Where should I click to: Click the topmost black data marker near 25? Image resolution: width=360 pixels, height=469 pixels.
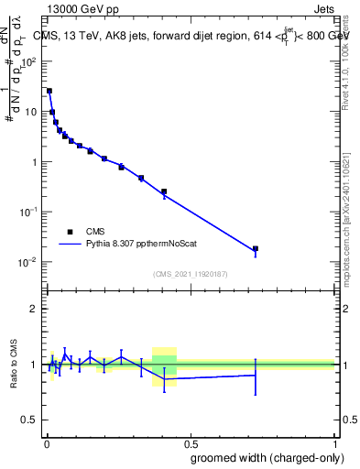point(49,91)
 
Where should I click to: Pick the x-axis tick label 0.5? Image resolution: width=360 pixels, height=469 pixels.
point(191,442)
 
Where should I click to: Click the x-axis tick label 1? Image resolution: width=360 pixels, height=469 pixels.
point(334,442)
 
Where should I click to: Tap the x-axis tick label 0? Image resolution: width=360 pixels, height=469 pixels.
point(46,442)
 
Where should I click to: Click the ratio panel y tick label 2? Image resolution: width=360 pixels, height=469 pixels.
point(34,309)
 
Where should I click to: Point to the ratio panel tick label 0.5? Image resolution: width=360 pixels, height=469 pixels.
point(29,420)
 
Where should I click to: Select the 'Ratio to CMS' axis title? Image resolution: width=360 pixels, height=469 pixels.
point(13,364)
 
